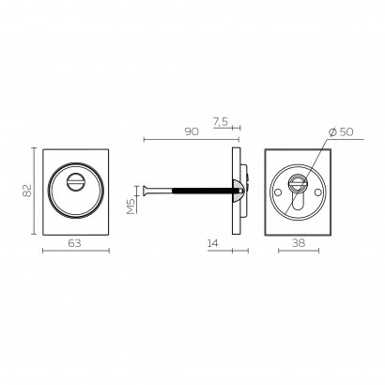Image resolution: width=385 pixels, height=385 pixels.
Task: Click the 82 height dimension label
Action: (x=27, y=191)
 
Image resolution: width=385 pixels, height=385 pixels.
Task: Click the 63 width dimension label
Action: (x=74, y=243)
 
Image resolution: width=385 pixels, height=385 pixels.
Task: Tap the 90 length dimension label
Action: (x=192, y=131)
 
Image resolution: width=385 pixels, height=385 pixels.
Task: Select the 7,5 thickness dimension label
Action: (x=221, y=122)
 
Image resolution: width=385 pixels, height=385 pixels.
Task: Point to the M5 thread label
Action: (x=131, y=206)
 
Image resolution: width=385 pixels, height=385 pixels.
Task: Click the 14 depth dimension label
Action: (x=213, y=243)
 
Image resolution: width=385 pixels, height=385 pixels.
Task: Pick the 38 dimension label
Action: (x=299, y=242)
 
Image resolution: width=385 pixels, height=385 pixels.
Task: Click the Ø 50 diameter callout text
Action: (x=341, y=131)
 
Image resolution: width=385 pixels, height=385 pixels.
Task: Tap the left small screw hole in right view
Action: (x=277, y=192)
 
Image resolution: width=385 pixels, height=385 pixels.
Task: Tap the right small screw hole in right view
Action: (x=318, y=192)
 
